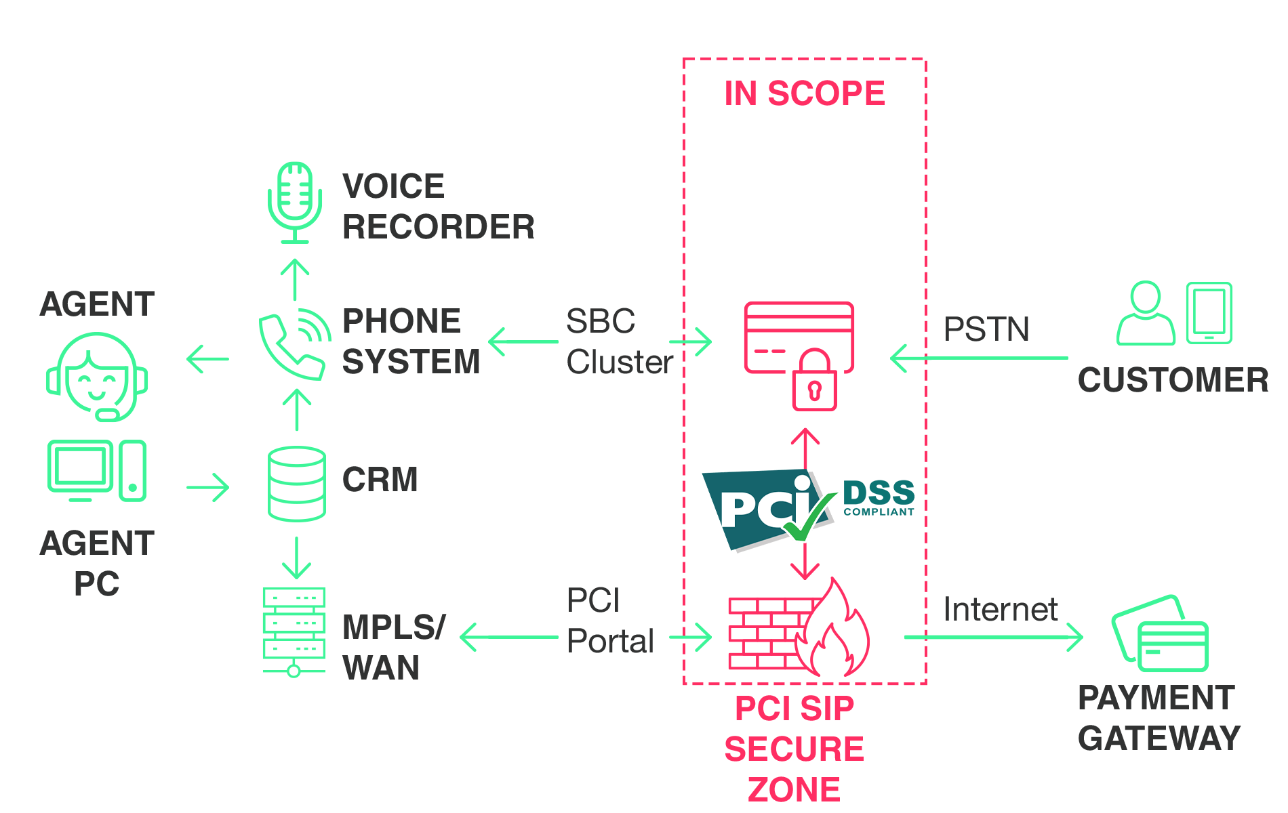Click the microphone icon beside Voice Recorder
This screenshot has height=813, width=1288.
pyautogui.click(x=295, y=202)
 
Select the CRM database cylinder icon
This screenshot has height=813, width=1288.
pyautogui.click(x=296, y=484)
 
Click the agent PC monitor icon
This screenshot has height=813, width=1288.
pyautogui.click(x=79, y=469)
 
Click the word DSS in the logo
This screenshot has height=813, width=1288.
pyautogui.click(x=879, y=493)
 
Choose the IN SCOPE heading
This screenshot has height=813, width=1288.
pyautogui.click(x=805, y=93)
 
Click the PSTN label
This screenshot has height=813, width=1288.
pyautogui.click(x=986, y=329)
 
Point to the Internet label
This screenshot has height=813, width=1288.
pyautogui.click(x=1000, y=609)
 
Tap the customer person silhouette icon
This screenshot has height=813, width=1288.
pyautogui.click(x=1146, y=315)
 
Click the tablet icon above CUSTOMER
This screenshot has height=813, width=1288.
pyautogui.click(x=1209, y=313)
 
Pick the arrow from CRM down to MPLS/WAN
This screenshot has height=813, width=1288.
pyautogui.click(x=296, y=558)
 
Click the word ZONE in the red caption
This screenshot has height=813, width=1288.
pyautogui.click(x=794, y=790)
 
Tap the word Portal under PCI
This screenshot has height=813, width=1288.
pyautogui.click(x=610, y=641)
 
